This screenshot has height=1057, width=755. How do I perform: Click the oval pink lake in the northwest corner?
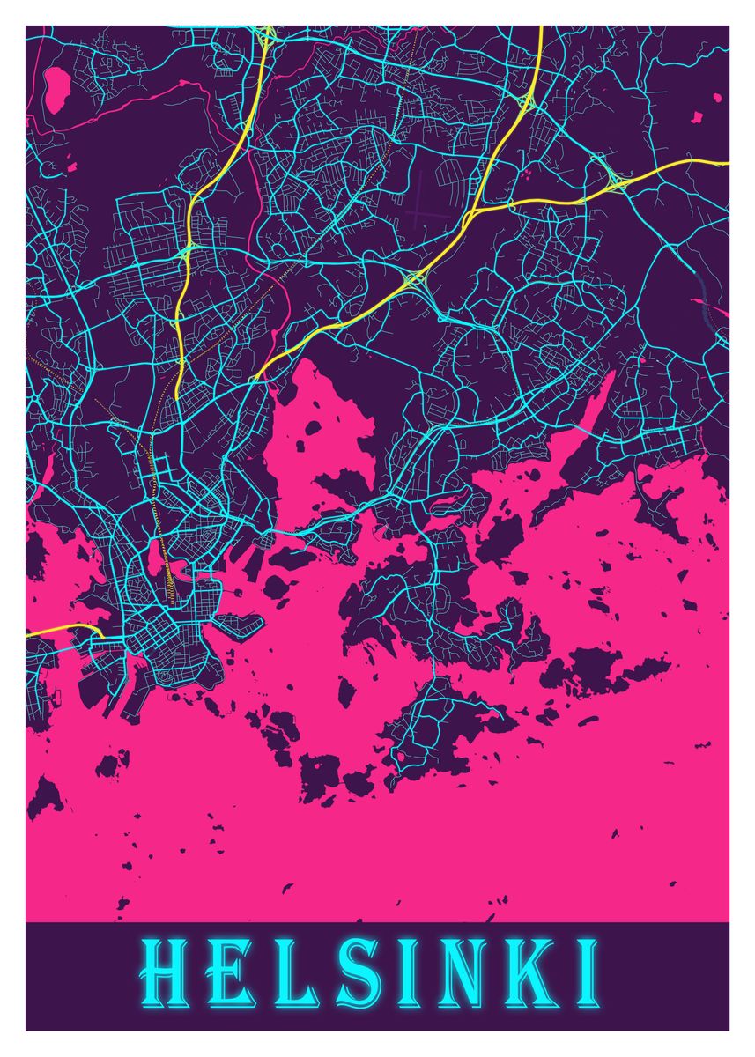pyautogui.click(x=58, y=86)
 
